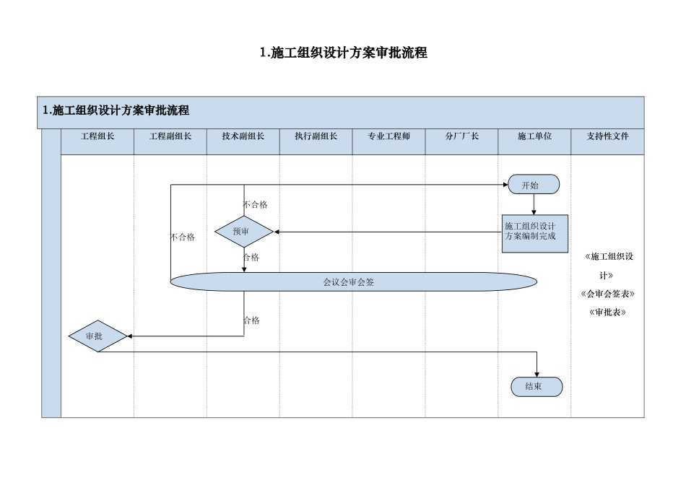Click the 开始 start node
[534, 185]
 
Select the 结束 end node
[537, 387]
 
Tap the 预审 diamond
[244, 232]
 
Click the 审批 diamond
[98, 336]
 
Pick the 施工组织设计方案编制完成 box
[534, 232]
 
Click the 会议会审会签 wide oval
[353, 281]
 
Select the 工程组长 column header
[97, 136]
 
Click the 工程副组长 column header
[170, 136]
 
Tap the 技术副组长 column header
[243, 136]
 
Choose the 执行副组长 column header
[316, 136]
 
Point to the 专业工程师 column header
[389, 136]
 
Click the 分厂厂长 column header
[462, 136]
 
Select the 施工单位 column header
[534, 136]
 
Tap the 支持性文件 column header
[607, 136]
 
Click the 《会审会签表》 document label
[607, 294]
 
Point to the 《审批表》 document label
[607, 313]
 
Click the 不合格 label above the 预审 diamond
[256, 205]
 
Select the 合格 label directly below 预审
[251, 258]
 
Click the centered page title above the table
[343, 53]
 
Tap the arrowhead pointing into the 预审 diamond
[277, 232]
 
